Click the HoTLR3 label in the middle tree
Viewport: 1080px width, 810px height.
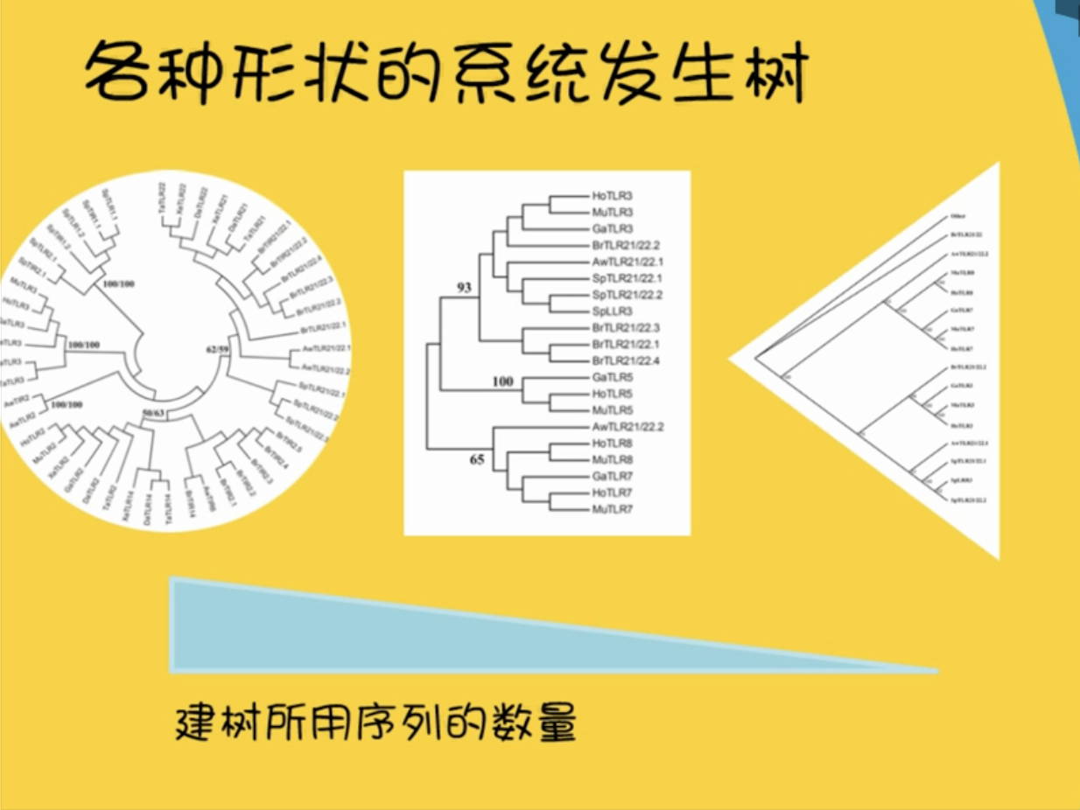[x=612, y=195]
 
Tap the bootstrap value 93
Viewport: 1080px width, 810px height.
[x=464, y=288]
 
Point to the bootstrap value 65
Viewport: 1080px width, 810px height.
[x=476, y=459]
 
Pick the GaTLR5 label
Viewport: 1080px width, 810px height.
[x=612, y=377]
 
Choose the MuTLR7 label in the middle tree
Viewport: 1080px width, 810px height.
[x=612, y=509]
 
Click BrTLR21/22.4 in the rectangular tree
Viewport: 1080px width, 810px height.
[x=626, y=360]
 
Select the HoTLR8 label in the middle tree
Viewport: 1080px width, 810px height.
[x=612, y=443]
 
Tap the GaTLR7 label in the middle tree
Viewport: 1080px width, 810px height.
[x=612, y=477]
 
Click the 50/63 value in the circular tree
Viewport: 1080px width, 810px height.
[x=153, y=411]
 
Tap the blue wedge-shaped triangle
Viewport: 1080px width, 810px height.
[x=350, y=630]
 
